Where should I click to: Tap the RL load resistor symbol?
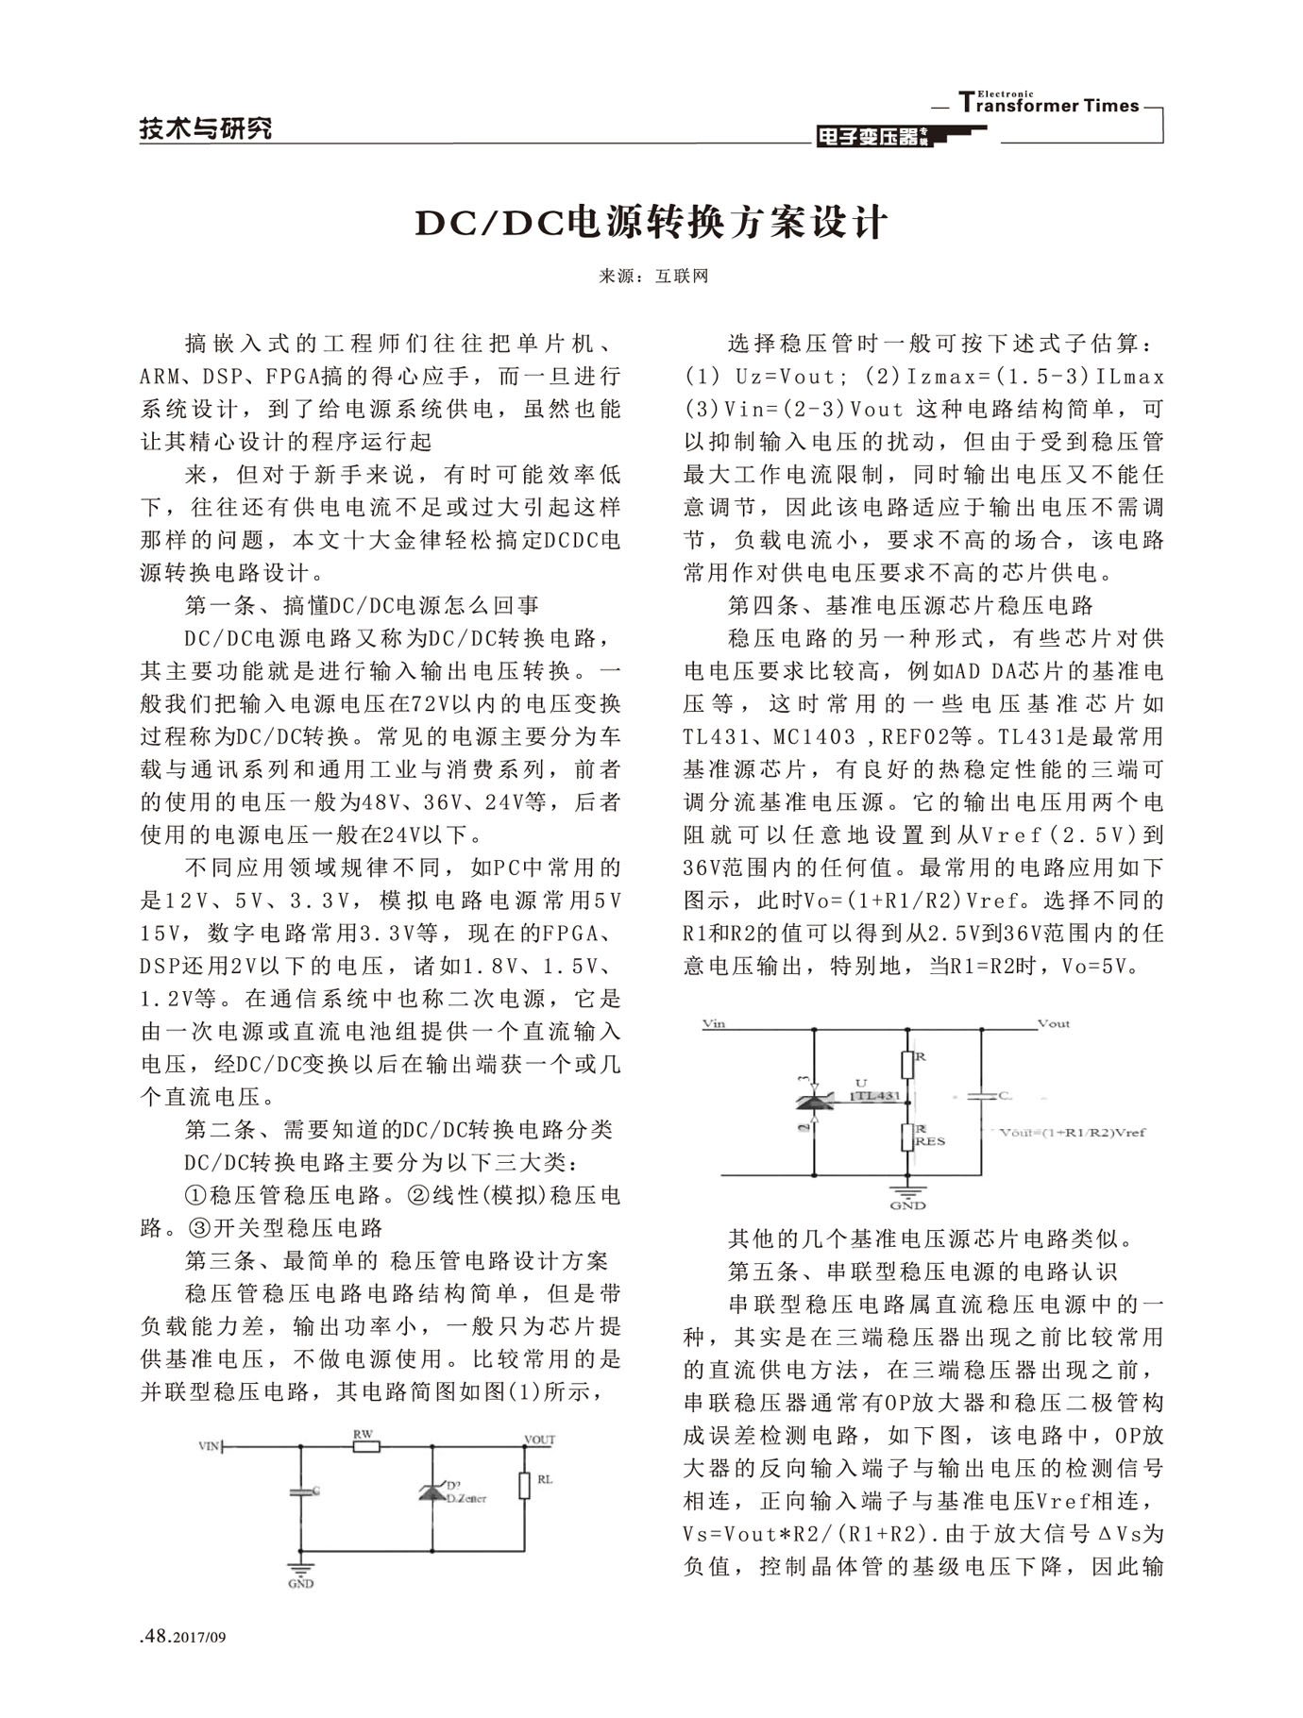(524, 1485)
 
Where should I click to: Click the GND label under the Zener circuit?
(301, 1583)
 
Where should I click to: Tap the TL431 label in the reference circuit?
(875, 1096)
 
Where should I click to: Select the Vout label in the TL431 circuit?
(1054, 1023)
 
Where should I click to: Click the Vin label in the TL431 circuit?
(715, 1023)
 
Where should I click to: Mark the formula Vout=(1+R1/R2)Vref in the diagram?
(1072, 1132)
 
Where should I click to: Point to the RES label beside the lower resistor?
(929, 1141)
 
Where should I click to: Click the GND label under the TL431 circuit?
(907, 1205)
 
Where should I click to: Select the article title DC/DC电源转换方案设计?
(651, 223)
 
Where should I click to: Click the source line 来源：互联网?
(652, 277)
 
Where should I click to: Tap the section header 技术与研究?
(206, 128)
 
